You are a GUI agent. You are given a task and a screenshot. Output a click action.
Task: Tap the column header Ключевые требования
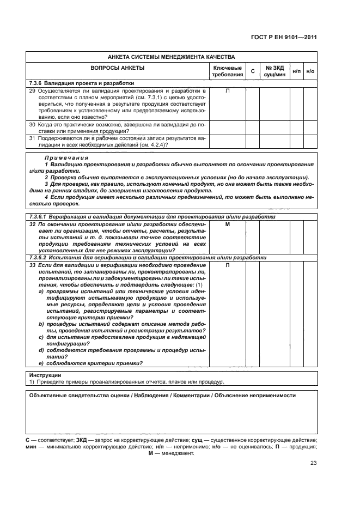227,71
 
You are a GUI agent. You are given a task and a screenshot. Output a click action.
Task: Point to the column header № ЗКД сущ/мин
275,71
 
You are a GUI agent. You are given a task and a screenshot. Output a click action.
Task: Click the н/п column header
296,71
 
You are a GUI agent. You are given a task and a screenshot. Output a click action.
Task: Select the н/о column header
310,71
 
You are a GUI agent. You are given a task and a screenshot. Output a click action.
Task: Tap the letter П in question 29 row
227,90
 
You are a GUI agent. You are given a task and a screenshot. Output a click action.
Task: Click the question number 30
32,124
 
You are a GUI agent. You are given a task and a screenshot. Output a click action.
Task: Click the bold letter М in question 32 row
227,224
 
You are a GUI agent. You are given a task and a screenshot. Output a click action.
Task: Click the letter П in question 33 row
227,264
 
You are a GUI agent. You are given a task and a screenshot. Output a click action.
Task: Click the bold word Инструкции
45,375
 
